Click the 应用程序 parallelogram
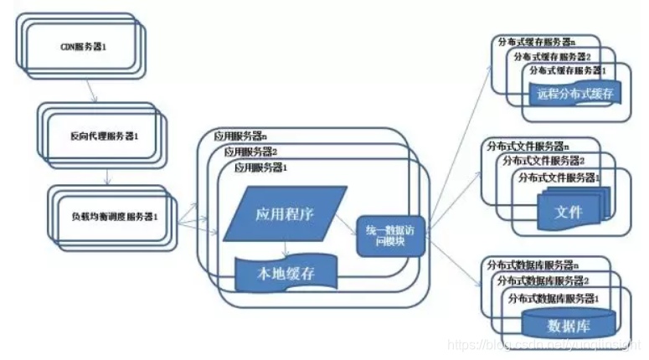(x=284, y=213)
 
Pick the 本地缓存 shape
(x=285, y=273)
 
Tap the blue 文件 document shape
(x=569, y=211)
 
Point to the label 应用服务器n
(x=240, y=136)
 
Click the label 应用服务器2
(x=250, y=152)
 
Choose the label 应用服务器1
(x=260, y=167)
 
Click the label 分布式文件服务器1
(x=560, y=178)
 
